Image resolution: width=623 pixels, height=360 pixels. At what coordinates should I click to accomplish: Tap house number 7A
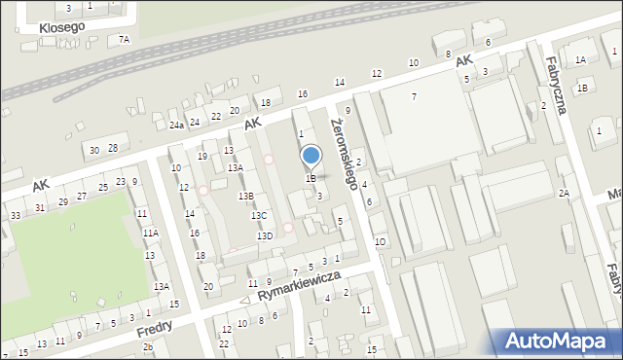click(124, 39)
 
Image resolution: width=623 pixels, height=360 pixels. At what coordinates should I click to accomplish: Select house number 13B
click(246, 196)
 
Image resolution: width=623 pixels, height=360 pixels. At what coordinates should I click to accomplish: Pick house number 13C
click(258, 215)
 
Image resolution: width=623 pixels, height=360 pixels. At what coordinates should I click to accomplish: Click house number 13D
click(264, 235)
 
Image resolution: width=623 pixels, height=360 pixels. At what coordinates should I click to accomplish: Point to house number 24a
click(175, 126)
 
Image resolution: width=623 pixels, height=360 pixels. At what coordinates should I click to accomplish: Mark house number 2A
click(563, 193)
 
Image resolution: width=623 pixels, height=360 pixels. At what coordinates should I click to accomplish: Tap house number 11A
click(150, 234)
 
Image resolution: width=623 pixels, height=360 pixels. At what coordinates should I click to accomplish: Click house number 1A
click(581, 59)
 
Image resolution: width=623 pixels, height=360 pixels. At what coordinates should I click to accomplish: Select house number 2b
click(147, 347)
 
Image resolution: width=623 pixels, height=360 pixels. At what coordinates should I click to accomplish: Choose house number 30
click(94, 150)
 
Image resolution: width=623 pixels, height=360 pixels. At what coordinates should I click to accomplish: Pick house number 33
click(15, 215)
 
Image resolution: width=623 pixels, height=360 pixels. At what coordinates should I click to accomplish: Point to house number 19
click(202, 156)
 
